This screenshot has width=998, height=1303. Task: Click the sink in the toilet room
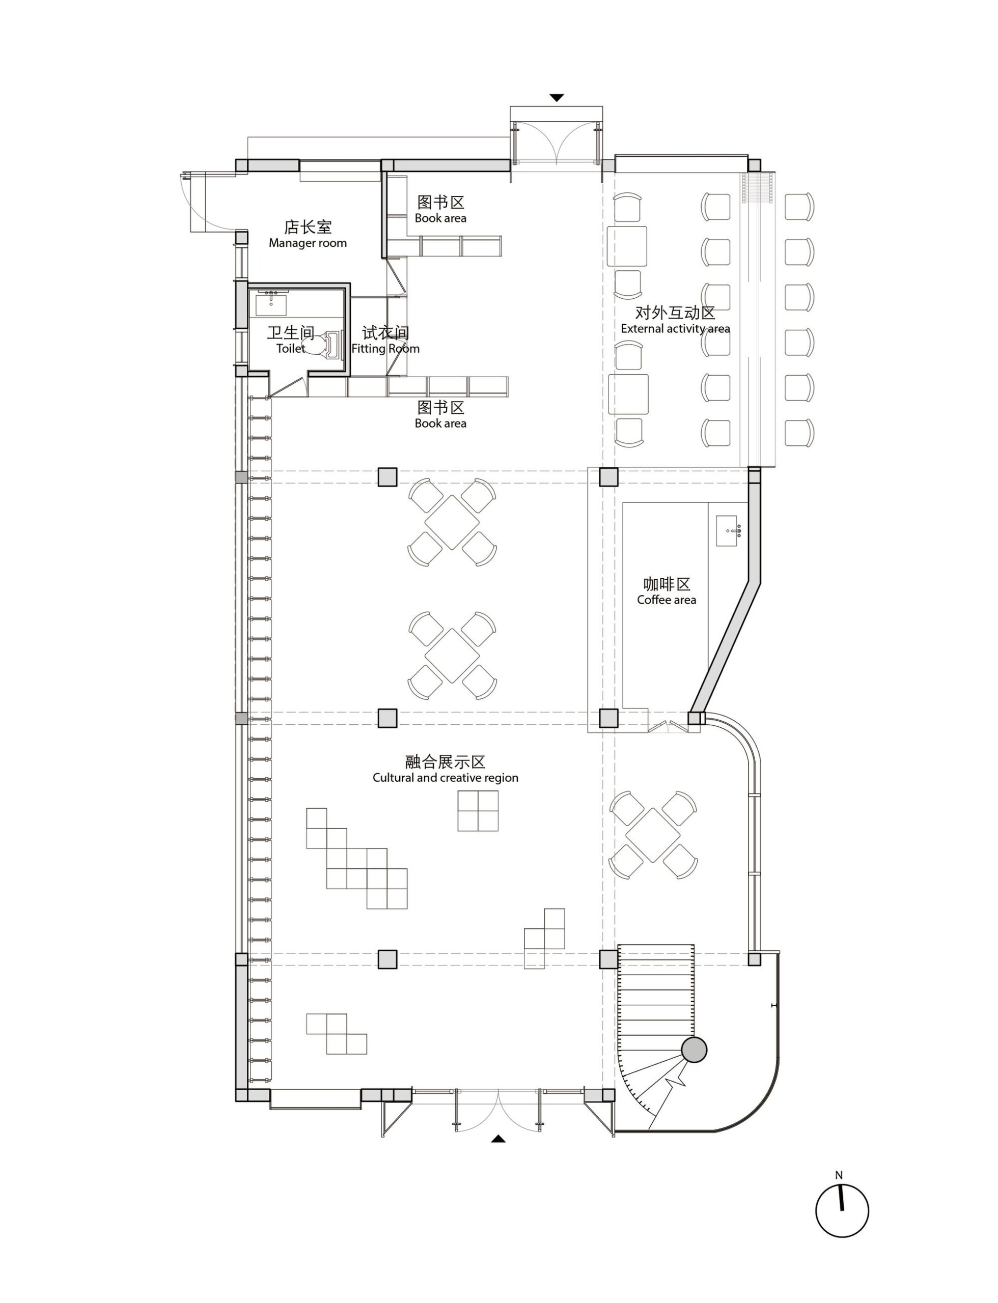[271, 303]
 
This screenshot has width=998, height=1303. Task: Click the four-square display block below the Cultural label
[478, 811]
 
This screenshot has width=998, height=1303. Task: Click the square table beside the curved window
[653, 835]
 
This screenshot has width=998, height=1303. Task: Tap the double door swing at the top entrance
[557, 143]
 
